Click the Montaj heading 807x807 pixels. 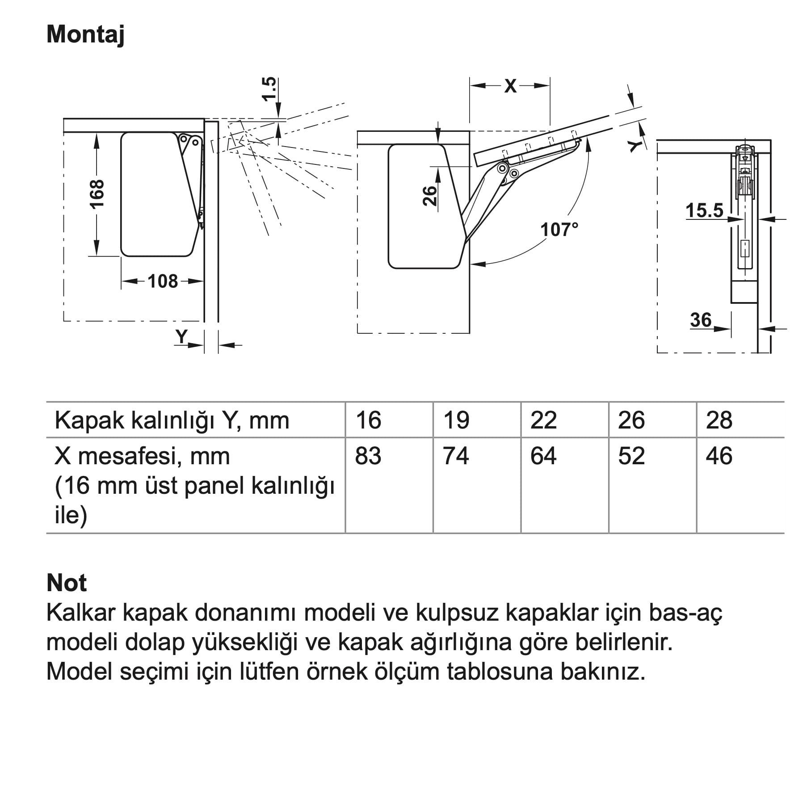[85, 34]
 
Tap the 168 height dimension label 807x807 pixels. [97, 194]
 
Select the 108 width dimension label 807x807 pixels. [163, 282]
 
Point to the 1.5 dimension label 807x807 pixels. [269, 89]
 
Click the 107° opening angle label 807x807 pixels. [559, 230]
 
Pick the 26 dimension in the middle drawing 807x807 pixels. [429, 196]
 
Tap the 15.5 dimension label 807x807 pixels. [704, 210]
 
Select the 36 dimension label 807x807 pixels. [701, 320]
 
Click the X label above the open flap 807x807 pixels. [510, 86]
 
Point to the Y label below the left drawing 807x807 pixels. [181, 336]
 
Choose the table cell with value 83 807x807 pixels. [368, 456]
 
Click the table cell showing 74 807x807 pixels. [456, 456]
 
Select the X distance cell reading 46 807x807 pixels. [719, 456]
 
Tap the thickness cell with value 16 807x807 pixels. [368, 420]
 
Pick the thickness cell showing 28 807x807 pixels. [719, 420]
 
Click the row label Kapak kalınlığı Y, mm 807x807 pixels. [172, 420]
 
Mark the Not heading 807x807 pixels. [67, 583]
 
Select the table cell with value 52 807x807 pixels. [631, 456]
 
